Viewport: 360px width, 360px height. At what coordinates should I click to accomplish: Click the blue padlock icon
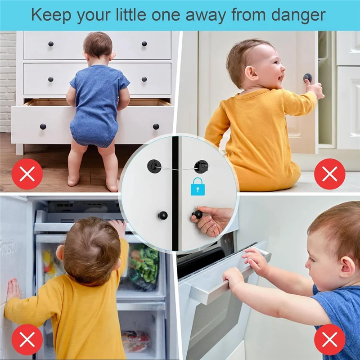pos(197,186)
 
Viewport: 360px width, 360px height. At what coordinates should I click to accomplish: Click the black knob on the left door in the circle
pos(162,216)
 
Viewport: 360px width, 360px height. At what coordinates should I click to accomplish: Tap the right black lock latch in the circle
pos(201,166)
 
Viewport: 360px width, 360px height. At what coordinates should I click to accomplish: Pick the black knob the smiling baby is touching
pos(307,78)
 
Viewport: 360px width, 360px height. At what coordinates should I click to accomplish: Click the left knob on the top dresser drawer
pos(50,44)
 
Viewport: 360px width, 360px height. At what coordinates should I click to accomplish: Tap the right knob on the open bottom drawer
pos(156,126)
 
